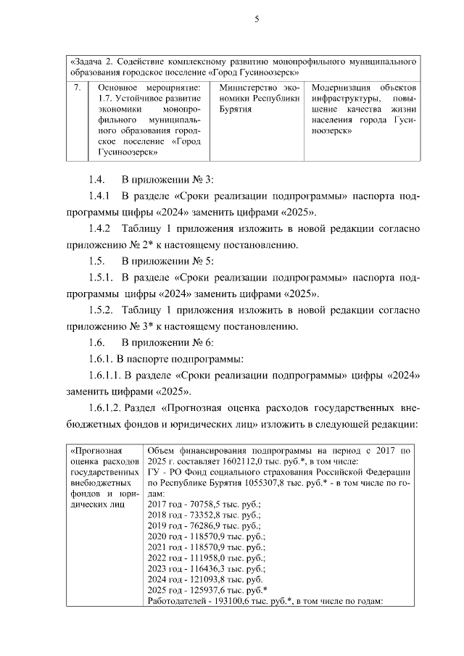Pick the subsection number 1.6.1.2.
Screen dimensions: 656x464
(x=108, y=407)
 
